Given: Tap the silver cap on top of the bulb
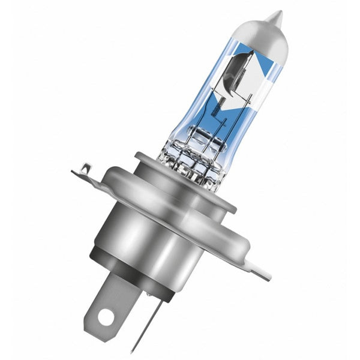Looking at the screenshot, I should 264,36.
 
